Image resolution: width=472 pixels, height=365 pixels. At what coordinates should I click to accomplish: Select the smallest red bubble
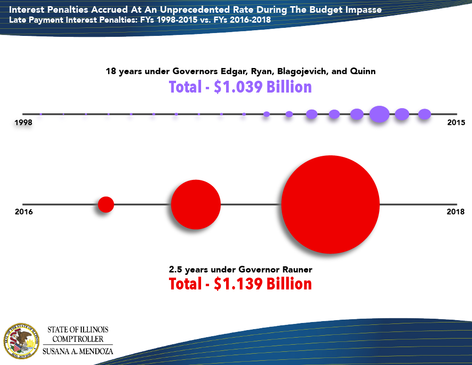pos(106,204)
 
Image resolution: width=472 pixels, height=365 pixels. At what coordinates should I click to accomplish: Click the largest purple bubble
pos(379,114)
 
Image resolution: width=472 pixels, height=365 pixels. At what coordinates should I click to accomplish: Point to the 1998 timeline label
pos(23,122)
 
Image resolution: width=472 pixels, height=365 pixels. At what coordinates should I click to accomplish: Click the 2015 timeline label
pos(455,122)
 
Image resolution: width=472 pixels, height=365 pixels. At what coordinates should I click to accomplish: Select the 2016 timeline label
pos(24,212)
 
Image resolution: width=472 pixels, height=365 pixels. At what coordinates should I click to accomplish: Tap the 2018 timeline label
pos(455,212)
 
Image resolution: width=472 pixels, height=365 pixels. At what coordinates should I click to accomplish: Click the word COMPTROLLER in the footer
pos(77,339)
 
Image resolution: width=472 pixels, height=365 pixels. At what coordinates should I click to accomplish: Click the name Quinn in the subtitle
pos(363,72)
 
